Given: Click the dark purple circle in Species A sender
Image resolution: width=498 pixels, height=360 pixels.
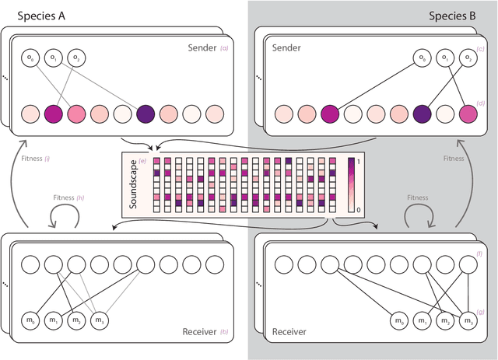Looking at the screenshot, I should pos(145,114).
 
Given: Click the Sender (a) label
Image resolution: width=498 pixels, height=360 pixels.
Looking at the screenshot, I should pos(208,47).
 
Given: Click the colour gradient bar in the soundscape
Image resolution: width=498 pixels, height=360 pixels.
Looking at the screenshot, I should pos(352,184).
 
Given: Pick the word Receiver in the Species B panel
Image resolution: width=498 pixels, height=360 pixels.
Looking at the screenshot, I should pos(289,332).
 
